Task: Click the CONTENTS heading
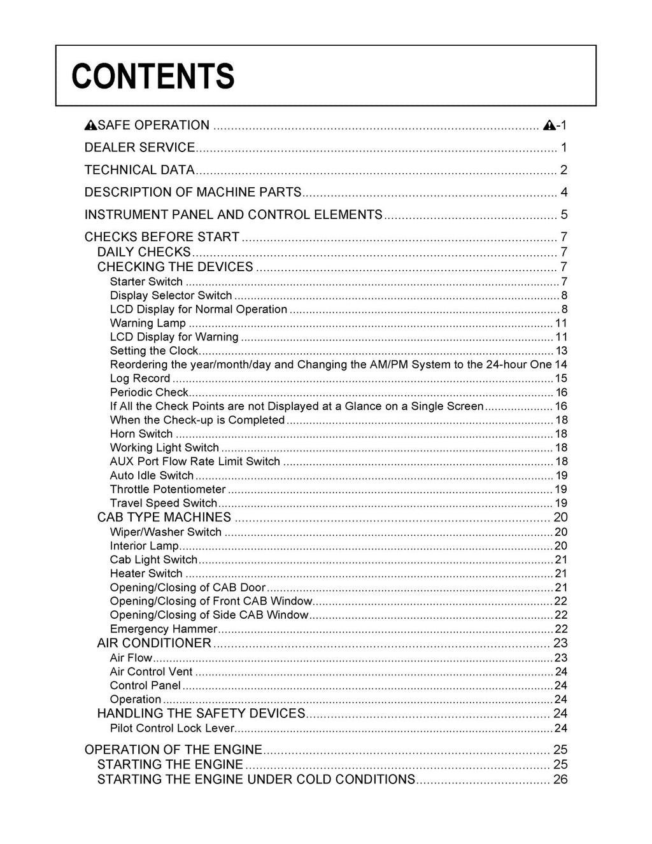coord(153,76)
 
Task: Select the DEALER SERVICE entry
coord(139,148)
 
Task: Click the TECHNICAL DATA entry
coord(139,170)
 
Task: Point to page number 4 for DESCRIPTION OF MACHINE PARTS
coord(563,192)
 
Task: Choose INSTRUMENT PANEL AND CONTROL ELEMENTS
coord(233,215)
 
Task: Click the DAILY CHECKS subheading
coord(144,252)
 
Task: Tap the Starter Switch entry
coord(146,282)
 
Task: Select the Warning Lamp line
coord(148,323)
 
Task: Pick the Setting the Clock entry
coord(154,351)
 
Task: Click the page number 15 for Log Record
coord(561,379)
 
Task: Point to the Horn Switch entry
coord(141,434)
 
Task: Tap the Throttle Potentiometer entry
coord(167,489)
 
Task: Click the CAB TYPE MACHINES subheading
coord(164,517)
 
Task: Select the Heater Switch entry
coord(146,573)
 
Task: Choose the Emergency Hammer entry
coord(164,629)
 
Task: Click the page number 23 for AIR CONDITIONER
coord(560,643)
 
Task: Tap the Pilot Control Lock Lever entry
coord(172,728)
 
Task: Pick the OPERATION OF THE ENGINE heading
coord(173,750)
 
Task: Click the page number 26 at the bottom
coord(560,780)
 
